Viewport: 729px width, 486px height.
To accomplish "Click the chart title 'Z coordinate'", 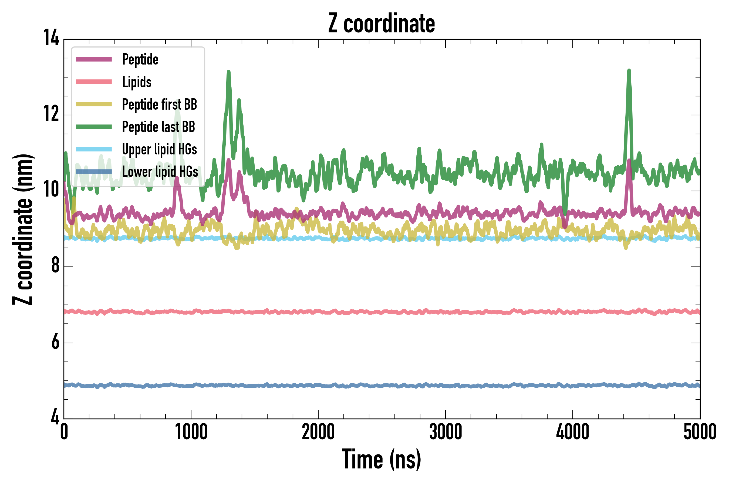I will coord(382,23).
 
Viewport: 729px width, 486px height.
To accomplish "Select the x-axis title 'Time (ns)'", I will coord(382,459).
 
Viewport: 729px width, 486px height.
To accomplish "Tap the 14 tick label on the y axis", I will coord(51,38).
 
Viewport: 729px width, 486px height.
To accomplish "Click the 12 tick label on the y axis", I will coord(51,114).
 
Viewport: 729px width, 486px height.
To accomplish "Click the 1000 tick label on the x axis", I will coord(191,432).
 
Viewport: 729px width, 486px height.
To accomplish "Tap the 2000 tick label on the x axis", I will coord(318,432).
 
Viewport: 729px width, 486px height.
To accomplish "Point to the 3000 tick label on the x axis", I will coord(446,432).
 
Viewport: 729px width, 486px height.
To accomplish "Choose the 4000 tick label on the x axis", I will coord(572,432).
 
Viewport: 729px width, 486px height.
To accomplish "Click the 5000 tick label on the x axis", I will coord(700,432).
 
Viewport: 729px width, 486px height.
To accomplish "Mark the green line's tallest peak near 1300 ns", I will coord(229,72).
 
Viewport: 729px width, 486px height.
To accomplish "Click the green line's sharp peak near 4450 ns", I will coord(629,71).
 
